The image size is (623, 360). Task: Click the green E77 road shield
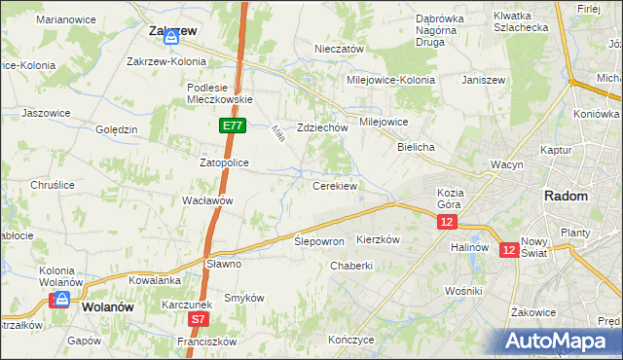233,126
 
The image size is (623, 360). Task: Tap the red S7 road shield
198,318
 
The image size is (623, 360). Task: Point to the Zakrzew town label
173,30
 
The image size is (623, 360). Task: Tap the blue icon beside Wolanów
60,301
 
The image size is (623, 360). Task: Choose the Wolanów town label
107,306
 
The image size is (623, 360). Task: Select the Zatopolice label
225,162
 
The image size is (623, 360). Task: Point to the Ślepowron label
319,241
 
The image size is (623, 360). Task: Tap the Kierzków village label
380,239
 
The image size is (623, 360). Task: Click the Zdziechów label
323,127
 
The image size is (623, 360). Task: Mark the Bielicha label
416,146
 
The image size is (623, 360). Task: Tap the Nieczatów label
339,49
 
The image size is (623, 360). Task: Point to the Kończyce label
351,340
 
